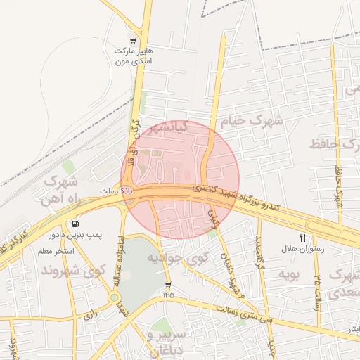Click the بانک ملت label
pyautogui.click(x=110, y=190)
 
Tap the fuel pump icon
pyautogui.click(x=75, y=224)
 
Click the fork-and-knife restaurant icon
pyautogui.click(x=303, y=238)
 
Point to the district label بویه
pyautogui.click(x=288, y=273)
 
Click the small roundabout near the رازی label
pyautogui.click(x=114, y=297)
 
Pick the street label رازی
pyautogui.click(x=89, y=316)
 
